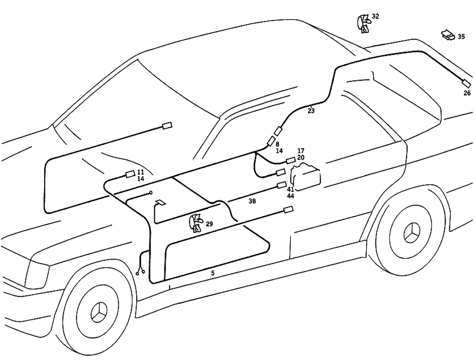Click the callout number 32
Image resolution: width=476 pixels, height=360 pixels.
tap(376, 16)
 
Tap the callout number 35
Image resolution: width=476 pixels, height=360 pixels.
tap(461, 37)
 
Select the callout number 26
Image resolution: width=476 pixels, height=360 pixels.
tap(467, 93)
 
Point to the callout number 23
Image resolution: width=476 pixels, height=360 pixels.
tap(311, 111)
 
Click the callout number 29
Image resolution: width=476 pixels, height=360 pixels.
tap(209, 223)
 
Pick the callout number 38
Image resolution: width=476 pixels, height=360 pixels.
tap(252, 201)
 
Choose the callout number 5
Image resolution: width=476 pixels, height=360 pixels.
tap(213, 273)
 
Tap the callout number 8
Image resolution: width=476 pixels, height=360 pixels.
tap(278, 143)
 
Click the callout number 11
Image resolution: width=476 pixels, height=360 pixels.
tap(140, 172)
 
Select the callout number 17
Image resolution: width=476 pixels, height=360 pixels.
tap(301, 151)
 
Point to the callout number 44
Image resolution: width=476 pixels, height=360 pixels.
tap(290, 196)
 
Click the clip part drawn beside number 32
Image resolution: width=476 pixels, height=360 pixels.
tap(364, 23)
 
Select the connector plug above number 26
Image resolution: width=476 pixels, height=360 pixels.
tap(466, 84)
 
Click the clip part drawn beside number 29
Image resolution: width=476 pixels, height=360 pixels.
tap(196, 222)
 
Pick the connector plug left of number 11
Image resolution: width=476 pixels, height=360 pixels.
tap(129, 174)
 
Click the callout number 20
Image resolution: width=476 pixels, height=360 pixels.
tap(301, 158)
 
